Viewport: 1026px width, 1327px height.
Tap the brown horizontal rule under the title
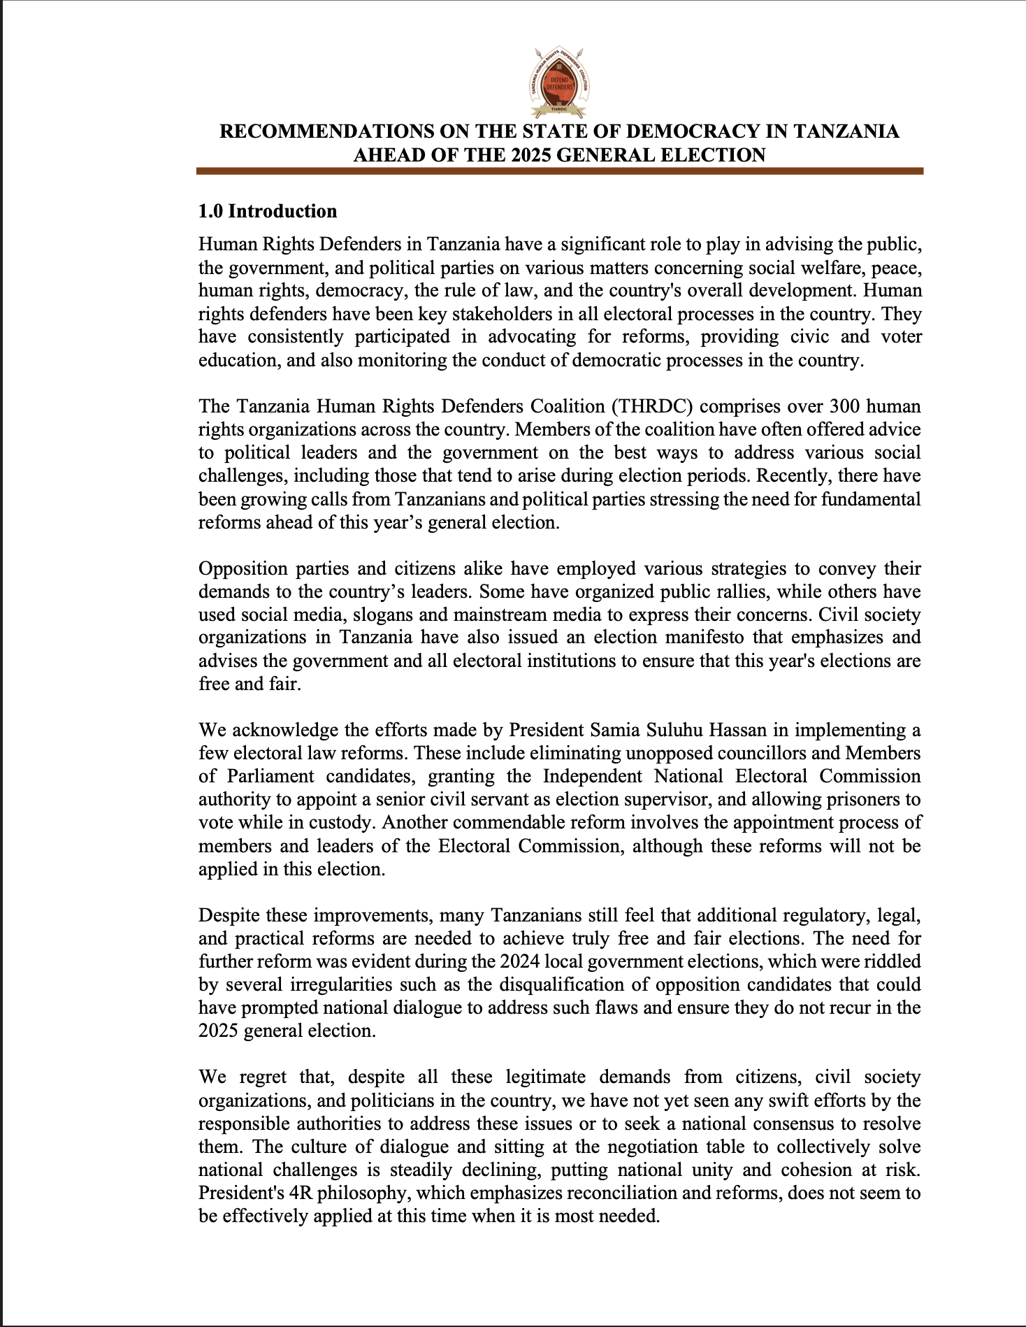(559, 171)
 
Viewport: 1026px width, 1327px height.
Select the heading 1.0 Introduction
(268, 211)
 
